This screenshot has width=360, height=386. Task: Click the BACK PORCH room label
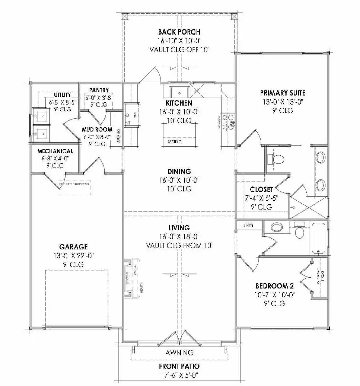[x=179, y=32]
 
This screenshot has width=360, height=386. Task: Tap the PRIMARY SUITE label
[x=283, y=93]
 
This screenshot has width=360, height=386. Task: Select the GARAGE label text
[x=73, y=247]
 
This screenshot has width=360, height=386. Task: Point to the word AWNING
[x=179, y=352]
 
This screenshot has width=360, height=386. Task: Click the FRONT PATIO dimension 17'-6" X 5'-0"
[x=179, y=375]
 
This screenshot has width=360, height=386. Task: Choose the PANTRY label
[x=99, y=90]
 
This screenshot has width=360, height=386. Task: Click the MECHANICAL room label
[x=55, y=151]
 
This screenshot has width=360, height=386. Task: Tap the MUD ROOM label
[x=97, y=129]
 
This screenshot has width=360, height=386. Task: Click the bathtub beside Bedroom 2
[x=319, y=239]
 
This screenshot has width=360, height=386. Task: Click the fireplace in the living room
[x=132, y=278]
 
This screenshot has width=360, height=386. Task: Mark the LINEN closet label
[x=248, y=226]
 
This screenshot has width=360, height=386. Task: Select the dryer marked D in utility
[x=42, y=116]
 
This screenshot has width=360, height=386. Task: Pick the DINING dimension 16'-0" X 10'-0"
[x=179, y=180]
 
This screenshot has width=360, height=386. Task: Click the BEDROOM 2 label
[x=274, y=286]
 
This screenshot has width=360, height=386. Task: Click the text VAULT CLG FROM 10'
[x=179, y=245]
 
